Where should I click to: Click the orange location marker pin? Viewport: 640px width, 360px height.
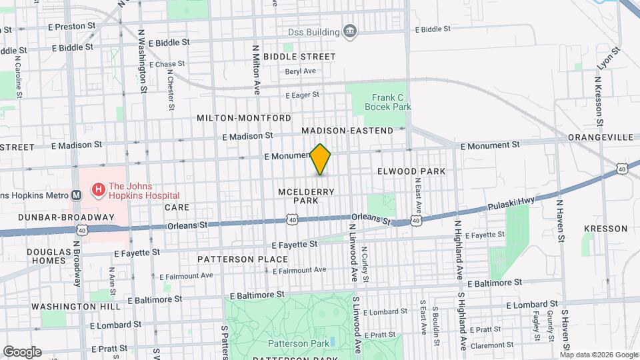click(321, 159)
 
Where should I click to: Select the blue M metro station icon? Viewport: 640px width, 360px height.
click(76, 195)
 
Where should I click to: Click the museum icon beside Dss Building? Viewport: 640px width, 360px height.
click(349, 31)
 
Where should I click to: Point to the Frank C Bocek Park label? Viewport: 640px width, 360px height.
click(387, 101)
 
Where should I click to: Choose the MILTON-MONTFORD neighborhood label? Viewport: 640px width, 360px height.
click(243, 118)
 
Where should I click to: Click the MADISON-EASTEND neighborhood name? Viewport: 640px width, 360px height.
click(347, 131)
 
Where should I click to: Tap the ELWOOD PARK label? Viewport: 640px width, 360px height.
click(411, 171)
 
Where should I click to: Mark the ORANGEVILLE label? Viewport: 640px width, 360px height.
click(601, 137)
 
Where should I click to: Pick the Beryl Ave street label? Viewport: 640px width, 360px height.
click(300, 71)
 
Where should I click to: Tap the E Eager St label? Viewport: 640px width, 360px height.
click(303, 95)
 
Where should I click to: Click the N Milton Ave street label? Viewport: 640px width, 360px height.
click(255, 69)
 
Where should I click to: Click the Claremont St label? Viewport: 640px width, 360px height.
click(490, 345)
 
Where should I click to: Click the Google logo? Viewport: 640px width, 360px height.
click(22, 351)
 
